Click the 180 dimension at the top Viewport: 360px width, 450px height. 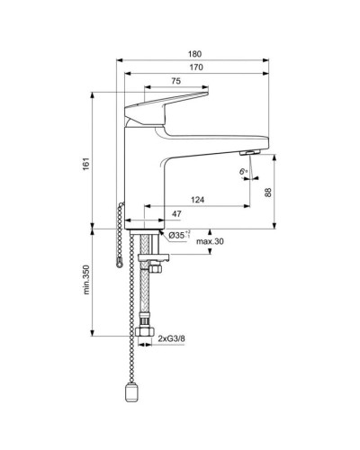(196, 53)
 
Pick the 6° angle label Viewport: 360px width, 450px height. (243, 170)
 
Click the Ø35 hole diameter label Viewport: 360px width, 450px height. (177, 236)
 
